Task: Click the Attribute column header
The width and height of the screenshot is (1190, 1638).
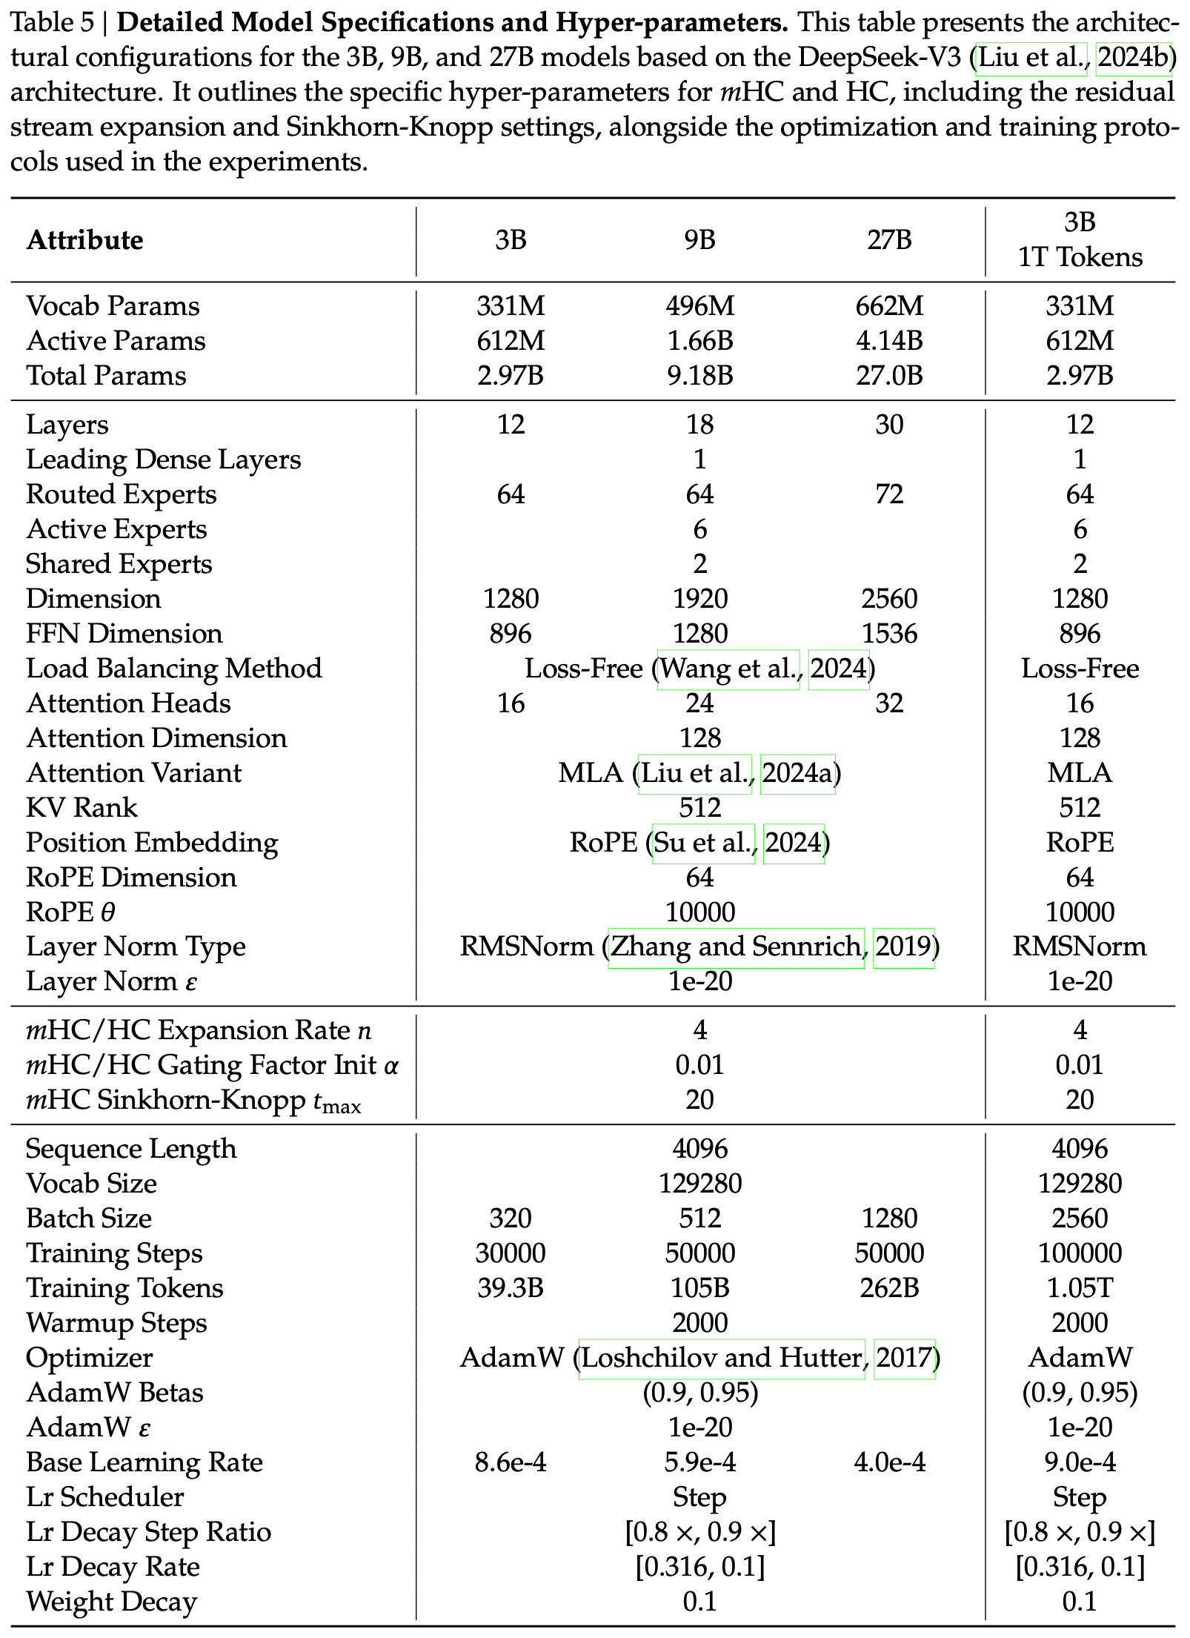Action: click(x=85, y=240)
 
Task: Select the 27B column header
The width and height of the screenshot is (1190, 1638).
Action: click(x=889, y=240)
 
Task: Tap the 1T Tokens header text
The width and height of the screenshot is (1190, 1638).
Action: click(x=1080, y=257)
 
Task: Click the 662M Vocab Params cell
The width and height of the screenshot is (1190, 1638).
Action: click(x=889, y=306)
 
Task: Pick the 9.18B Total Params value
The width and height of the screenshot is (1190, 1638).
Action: click(x=699, y=376)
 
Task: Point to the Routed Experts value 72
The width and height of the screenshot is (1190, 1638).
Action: click(x=889, y=494)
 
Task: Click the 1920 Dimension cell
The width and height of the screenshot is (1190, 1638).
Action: click(x=699, y=599)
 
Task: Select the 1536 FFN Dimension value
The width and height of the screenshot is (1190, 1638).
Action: click(x=889, y=634)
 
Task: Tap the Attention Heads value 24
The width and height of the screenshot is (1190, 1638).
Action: click(x=699, y=703)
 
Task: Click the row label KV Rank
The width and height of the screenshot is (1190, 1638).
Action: click(x=82, y=808)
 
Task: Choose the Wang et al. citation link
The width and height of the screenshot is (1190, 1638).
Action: click(x=728, y=669)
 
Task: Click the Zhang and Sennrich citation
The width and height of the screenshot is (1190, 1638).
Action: click(x=735, y=946)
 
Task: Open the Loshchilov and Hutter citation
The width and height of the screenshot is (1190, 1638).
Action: click(x=722, y=1358)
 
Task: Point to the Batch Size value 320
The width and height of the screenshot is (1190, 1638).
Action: click(x=511, y=1218)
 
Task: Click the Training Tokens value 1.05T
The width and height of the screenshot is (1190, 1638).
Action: click(x=1080, y=1288)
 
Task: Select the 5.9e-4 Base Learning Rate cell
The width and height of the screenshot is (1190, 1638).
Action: click(x=699, y=1462)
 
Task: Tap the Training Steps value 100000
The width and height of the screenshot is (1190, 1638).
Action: click(x=1080, y=1253)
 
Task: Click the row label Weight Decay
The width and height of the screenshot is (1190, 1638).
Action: click(x=112, y=1602)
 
